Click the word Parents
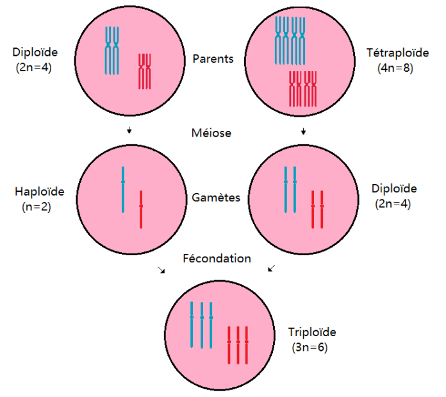[213, 59]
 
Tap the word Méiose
[211, 133]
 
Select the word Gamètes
[216, 198]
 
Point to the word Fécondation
[217, 258]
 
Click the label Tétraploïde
[397, 53]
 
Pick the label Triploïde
[312, 332]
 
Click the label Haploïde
[40, 192]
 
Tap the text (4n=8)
[395, 68]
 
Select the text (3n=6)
[310, 348]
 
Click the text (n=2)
[37, 207]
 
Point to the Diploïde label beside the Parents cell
[35, 52]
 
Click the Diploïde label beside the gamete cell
[394, 189]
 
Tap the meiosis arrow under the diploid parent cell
[129, 130]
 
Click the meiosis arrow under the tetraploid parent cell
[304, 131]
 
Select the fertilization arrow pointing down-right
[161, 270]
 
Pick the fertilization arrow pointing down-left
[272, 268]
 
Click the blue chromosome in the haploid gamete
[123, 190]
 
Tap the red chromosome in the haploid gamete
[141, 210]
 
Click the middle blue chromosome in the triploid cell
[202, 325]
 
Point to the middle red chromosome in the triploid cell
[238, 345]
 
